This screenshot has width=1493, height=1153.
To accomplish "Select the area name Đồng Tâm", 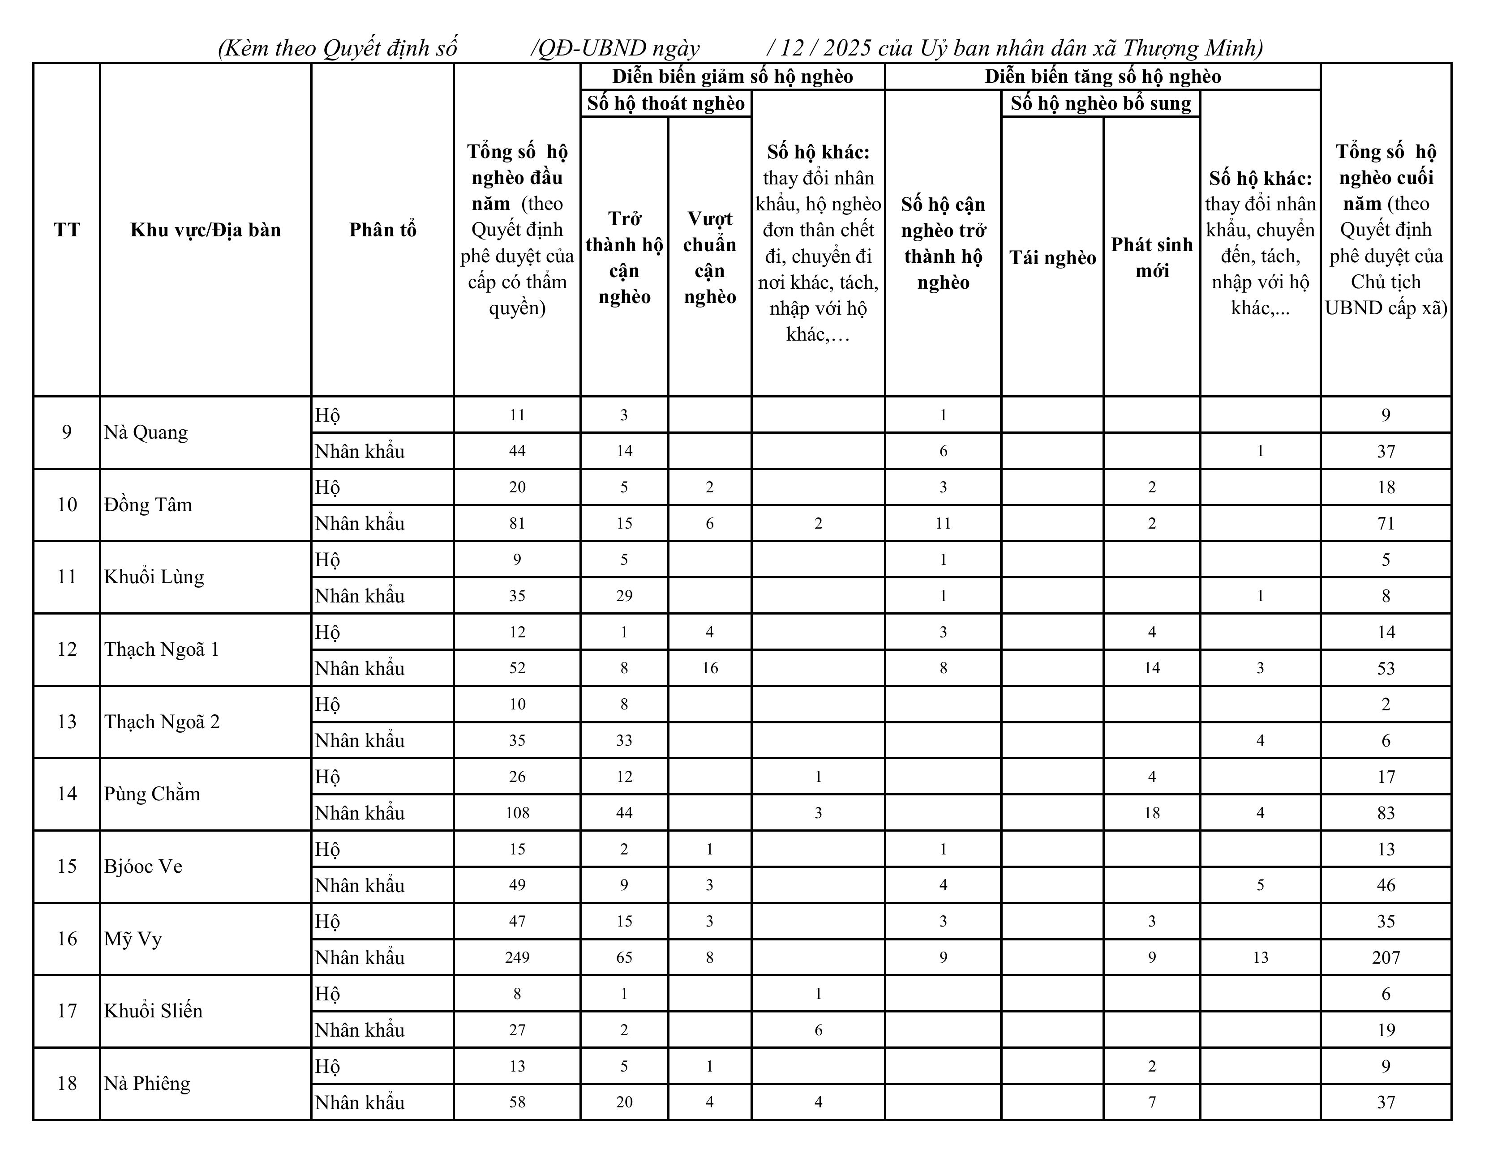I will (x=148, y=505).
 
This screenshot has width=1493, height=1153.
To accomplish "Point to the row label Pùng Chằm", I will (x=152, y=794).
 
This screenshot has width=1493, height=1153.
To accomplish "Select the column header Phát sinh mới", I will (x=1151, y=258).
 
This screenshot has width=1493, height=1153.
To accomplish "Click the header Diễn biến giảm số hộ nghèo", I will (x=732, y=77).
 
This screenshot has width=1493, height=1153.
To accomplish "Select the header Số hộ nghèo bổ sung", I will (x=1101, y=103).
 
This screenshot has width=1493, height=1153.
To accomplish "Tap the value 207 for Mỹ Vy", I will (x=1386, y=957).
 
